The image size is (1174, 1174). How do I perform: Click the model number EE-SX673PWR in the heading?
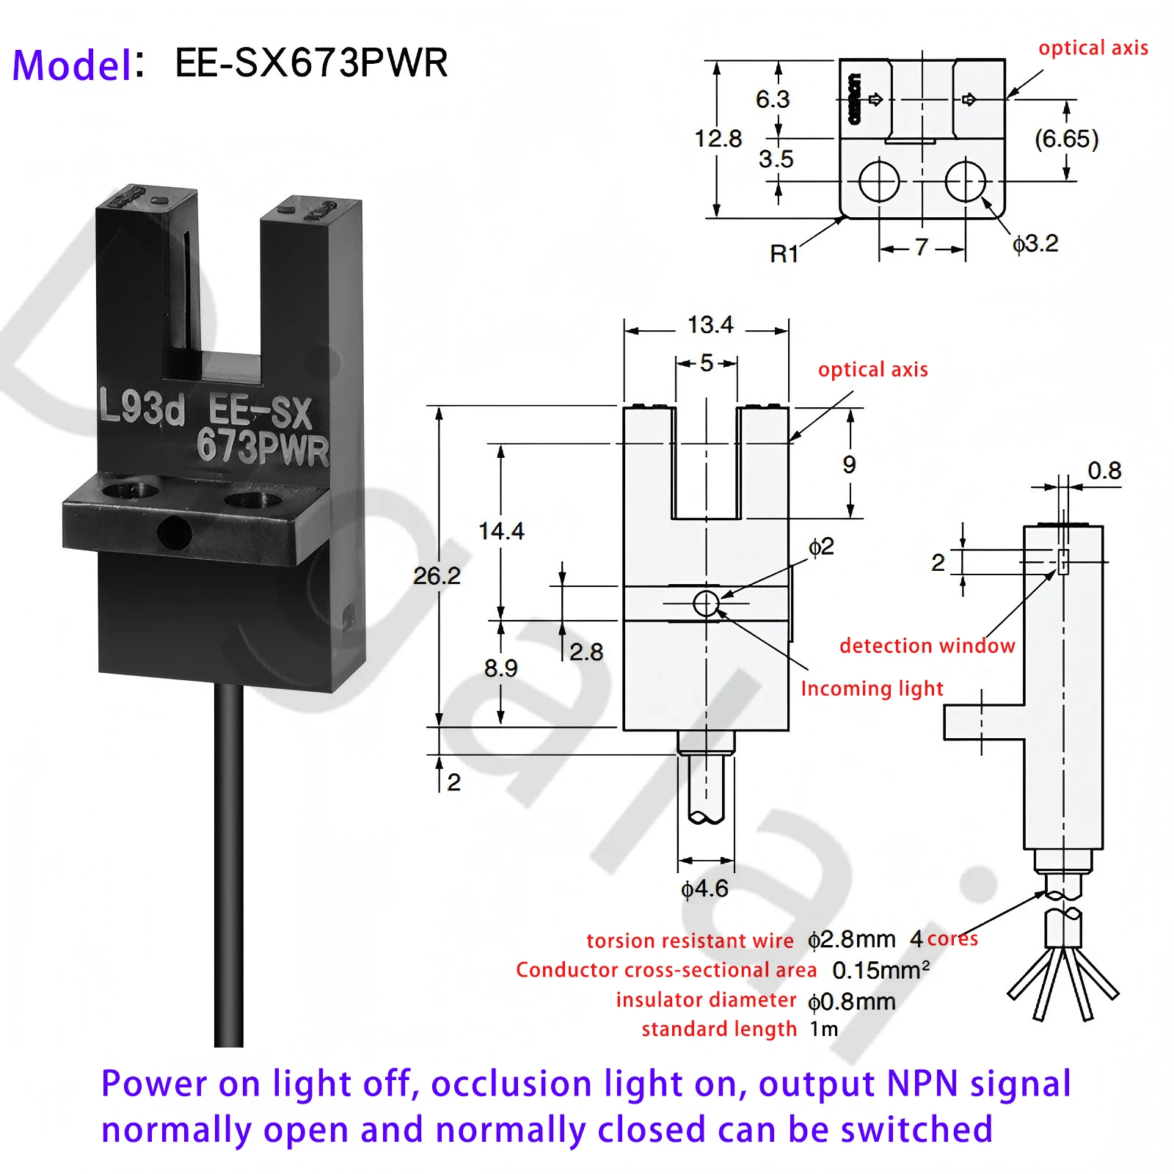point(311,63)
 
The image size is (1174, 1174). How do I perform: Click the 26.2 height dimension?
point(437,576)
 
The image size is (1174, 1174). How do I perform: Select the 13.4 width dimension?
point(710,325)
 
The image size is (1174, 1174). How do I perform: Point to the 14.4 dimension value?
point(501,531)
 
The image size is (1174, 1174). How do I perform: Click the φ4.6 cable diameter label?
point(704,889)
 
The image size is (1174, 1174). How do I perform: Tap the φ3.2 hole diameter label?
point(1035,244)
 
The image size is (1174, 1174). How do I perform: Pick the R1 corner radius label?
point(784,254)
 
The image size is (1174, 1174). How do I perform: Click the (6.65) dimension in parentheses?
point(1066,139)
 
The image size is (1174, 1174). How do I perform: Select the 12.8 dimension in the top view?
point(718,139)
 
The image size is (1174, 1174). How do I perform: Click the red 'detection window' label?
point(927,646)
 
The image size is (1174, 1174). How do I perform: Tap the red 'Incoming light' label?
point(872,688)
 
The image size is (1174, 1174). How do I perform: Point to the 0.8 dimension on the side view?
point(1104,470)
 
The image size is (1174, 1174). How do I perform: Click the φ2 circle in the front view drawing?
point(706,604)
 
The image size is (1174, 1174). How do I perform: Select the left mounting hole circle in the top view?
point(879,181)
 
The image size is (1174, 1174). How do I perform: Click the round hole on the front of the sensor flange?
point(175,532)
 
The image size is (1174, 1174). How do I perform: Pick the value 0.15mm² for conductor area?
point(880,971)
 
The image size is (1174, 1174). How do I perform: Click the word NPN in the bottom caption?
point(922,1084)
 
